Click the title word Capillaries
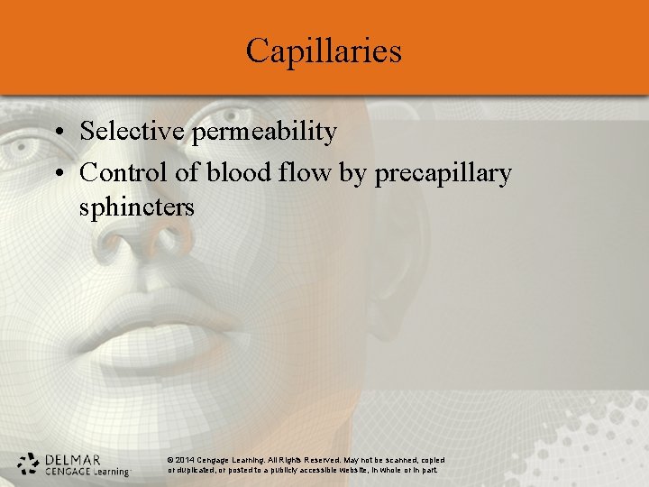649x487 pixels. pos(324,51)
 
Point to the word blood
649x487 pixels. pos(237,172)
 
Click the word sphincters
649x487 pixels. pos(137,207)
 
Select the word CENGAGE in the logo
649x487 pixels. pos(66,470)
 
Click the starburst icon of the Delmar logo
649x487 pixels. pos(29,463)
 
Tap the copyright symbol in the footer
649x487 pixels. pos(171,460)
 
